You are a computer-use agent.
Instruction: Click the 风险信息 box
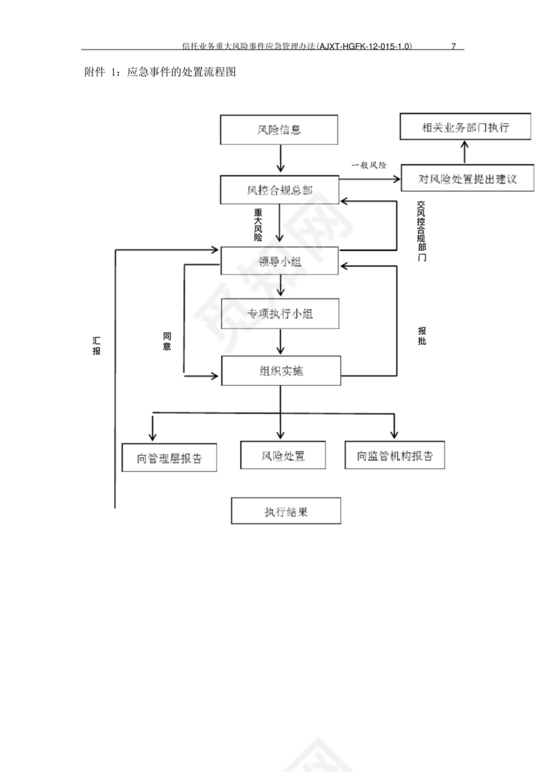point(280,130)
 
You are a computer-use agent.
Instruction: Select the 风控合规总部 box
point(280,191)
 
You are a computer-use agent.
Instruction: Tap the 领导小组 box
point(280,261)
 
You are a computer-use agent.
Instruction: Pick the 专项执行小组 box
point(280,313)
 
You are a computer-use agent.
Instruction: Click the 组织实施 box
point(281,371)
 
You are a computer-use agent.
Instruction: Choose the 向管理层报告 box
point(170,458)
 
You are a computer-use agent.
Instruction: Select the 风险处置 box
point(283,455)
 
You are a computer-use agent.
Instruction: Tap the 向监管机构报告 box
point(395,455)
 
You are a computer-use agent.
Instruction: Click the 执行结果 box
point(286,511)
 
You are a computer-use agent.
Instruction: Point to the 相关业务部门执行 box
point(466,127)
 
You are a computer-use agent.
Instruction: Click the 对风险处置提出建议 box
point(468,178)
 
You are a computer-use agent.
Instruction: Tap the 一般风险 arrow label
point(369,165)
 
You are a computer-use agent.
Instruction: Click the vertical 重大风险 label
point(259,225)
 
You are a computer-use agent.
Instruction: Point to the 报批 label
point(422,336)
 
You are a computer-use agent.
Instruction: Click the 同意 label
point(167,341)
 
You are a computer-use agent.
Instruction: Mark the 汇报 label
point(97,346)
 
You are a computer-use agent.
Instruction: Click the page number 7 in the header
point(453,47)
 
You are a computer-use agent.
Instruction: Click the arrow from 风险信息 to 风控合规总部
point(280,159)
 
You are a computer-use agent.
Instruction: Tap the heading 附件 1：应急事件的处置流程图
point(161,71)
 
